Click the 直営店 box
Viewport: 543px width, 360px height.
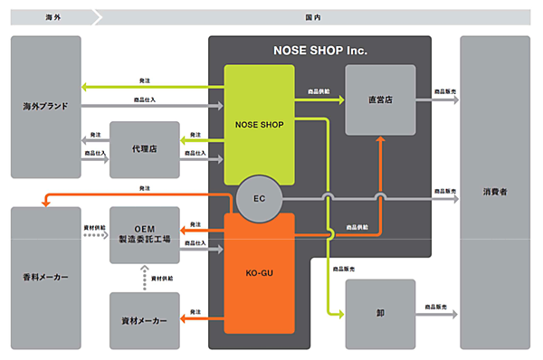[x=380, y=99]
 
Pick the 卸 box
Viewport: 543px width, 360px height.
[x=380, y=314]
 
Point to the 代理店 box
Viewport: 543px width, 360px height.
[x=144, y=149]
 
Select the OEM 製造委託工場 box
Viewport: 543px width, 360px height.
[x=144, y=234]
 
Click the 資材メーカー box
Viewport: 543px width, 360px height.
[x=144, y=320]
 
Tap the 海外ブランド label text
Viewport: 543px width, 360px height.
[x=46, y=107]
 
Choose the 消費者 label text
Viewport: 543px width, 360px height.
[x=494, y=192]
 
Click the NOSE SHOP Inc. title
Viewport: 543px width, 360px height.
[x=320, y=51]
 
